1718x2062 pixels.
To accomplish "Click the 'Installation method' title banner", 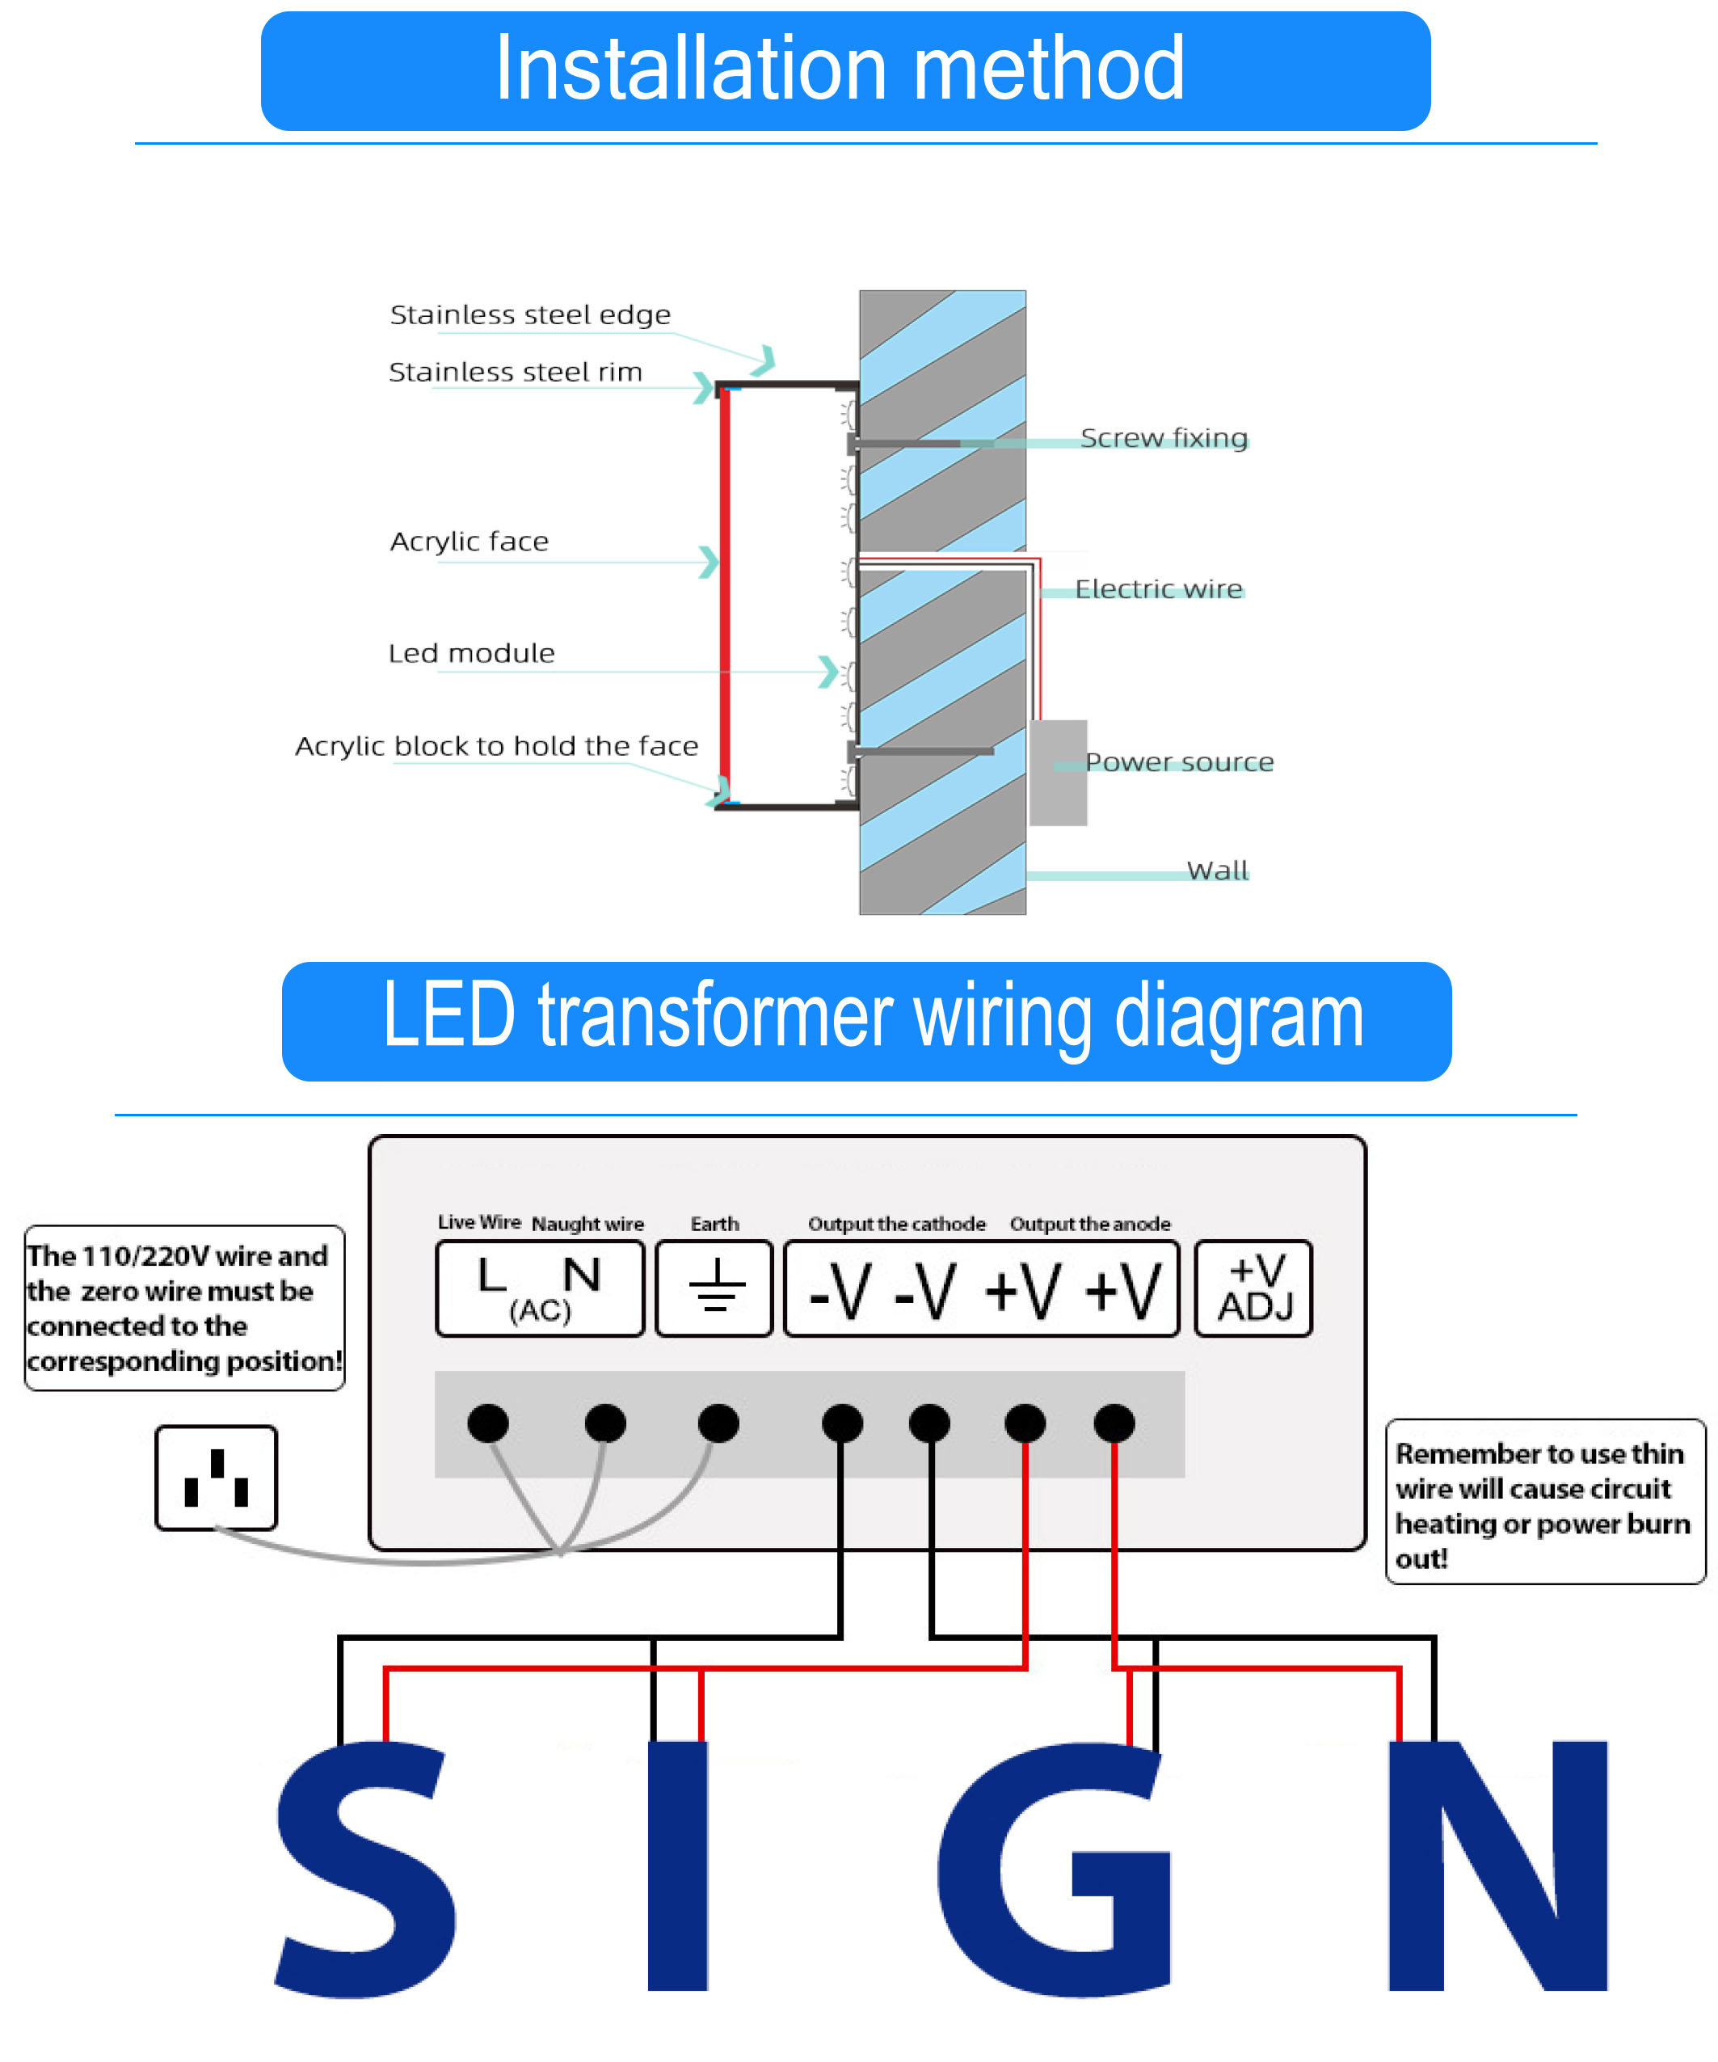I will [x=844, y=70].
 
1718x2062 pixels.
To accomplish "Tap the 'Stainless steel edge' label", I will [x=530, y=315].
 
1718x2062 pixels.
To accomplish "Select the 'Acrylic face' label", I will [x=470, y=541].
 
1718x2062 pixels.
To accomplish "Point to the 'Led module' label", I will [x=471, y=654].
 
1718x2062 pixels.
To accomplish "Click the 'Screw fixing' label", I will [x=1164, y=438].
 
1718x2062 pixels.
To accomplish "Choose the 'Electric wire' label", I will [x=1159, y=589].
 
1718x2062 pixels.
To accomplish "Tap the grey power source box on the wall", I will [x=1057, y=773].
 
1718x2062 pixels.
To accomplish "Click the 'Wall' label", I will [x=1217, y=870].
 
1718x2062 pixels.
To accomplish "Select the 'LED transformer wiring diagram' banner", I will [x=866, y=1021].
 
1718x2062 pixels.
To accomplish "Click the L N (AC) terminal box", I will [x=540, y=1288].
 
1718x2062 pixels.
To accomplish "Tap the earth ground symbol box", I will [x=714, y=1288].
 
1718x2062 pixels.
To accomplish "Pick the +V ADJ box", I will [x=1253, y=1288].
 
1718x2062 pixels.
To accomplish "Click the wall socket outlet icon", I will [x=216, y=1478].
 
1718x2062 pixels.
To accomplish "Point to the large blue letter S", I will [x=365, y=1870].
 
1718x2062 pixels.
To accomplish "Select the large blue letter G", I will [x=1055, y=1870].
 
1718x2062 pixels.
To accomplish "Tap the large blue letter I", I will [x=677, y=1866].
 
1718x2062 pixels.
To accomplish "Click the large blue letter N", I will [x=1497, y=1866].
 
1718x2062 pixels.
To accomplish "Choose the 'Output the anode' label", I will [x=1089, y=1224].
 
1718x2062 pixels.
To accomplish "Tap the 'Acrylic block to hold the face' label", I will [x=497, y=746].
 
